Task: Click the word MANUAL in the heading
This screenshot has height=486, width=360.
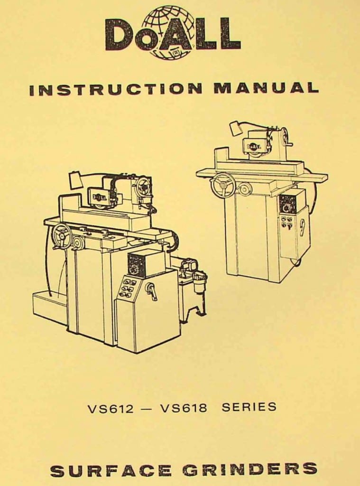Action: pos(266,88)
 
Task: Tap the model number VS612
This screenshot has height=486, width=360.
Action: pos(111,408)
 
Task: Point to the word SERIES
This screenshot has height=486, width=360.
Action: pos(249,407)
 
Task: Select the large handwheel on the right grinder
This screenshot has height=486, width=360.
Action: pos(222,186)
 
